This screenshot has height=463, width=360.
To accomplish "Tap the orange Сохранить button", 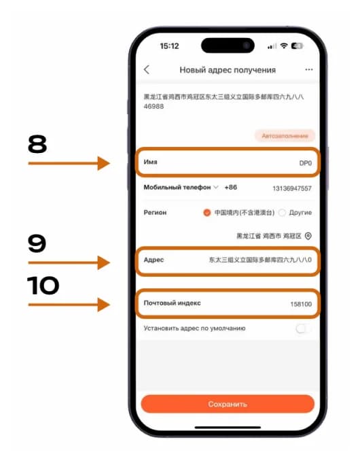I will (x=228, y=404).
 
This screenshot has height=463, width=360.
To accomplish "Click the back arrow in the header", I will (x=147, y=70).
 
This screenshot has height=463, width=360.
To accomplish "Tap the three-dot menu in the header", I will (x=309, y=70).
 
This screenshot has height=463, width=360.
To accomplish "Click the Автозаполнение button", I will (x=285, y=136).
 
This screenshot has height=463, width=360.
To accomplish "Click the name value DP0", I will (x=305, y=164).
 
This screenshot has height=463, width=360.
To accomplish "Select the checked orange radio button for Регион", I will (x=207, y=213).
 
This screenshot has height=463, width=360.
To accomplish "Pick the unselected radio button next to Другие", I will (x=283, y=213).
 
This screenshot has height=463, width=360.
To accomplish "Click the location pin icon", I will (x=308, y=236).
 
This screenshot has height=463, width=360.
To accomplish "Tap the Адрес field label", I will (x=154, y=260).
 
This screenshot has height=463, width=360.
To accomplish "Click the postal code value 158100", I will (x=301, y=304).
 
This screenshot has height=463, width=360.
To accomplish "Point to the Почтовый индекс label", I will (x=173, y=303).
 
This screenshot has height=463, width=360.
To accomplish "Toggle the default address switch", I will (x=304, y=328).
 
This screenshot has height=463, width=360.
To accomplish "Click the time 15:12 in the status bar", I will (x=169, y=46).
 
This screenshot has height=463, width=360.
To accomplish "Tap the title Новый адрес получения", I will (x=228, y=70).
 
